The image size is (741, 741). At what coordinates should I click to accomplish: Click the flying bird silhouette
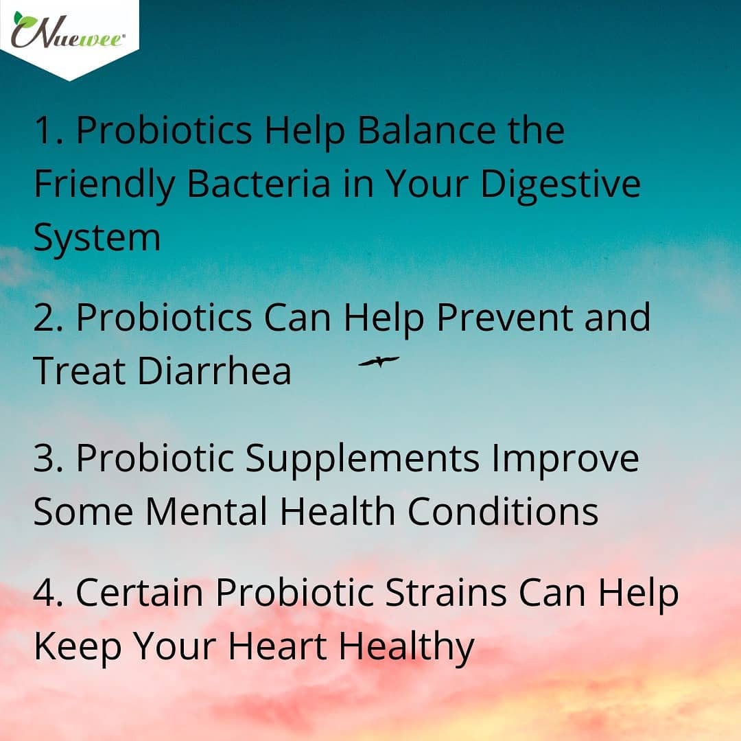coord(379,362)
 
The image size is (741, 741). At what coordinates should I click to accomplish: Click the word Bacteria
coord(259,183)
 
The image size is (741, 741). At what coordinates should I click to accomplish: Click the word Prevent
coord(505,318)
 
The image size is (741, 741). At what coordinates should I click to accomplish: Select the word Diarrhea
coord(214,371)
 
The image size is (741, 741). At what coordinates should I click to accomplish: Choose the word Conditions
coord(503,512)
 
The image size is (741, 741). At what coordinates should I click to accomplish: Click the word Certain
coord(139,593)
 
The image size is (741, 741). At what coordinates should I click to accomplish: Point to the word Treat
coord(80,371)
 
